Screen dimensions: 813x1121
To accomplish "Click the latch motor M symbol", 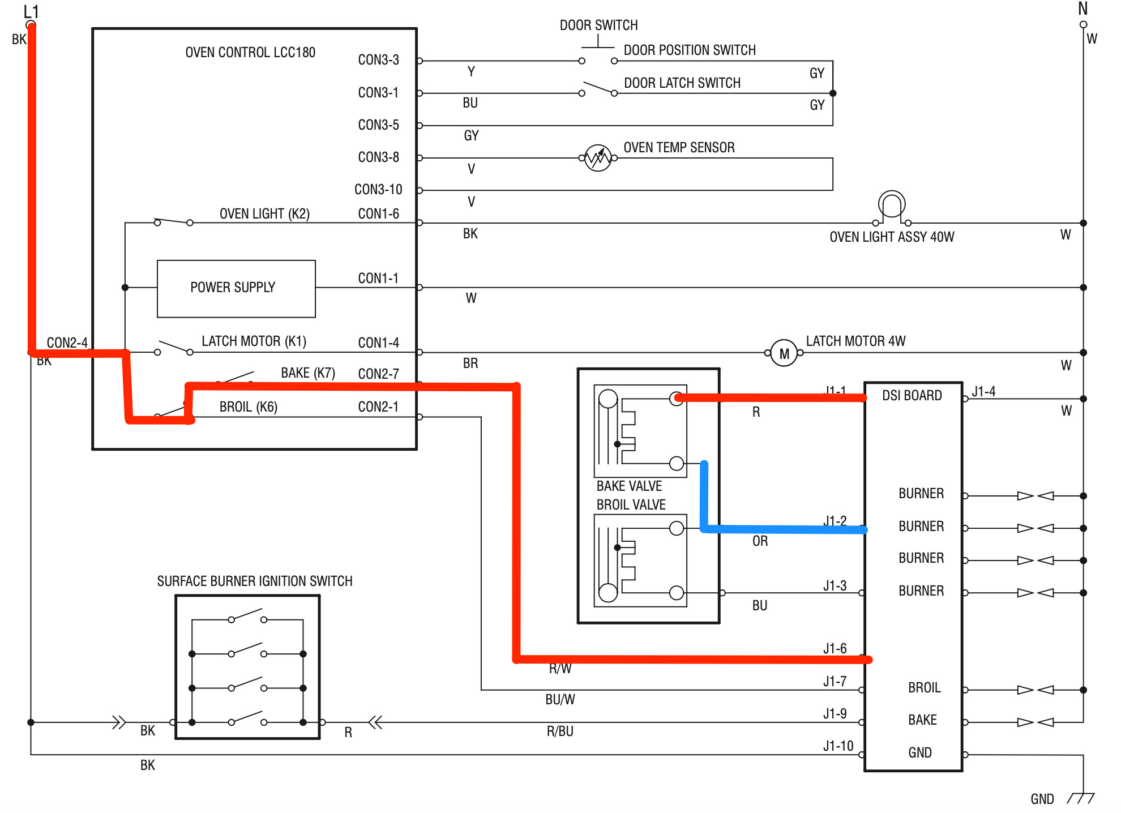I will [x=784, y=353].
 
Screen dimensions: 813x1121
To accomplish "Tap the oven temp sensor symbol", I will [x=598, y=158].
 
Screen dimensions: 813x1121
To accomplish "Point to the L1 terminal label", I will [x=31, y=11].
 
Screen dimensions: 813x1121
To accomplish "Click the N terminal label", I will [x=1083, y=8].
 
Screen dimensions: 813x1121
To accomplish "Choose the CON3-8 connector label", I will [x=378, y=157].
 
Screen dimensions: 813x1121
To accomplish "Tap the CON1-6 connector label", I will [x=378, y=213].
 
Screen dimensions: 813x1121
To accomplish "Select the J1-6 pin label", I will [x=835, y=648].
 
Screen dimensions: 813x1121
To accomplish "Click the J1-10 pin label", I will [x=838, y=746].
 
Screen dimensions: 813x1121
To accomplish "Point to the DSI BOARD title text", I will [x=912, y=395].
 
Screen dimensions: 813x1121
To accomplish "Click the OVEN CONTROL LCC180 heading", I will [x=250, y=52].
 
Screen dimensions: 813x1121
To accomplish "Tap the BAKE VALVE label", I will [x=629, y=486].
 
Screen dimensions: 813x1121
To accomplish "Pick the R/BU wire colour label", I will [x=560, y=731].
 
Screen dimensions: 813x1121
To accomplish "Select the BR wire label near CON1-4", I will [x=470, y=363].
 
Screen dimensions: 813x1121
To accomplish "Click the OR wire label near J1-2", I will [x=760, y=541].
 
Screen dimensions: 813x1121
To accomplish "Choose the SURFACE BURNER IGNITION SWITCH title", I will [x=255, y=581].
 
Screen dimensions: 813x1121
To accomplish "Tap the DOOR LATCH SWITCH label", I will [x=682, y=83].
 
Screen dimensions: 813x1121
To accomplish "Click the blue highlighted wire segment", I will [x=781, y=529].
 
